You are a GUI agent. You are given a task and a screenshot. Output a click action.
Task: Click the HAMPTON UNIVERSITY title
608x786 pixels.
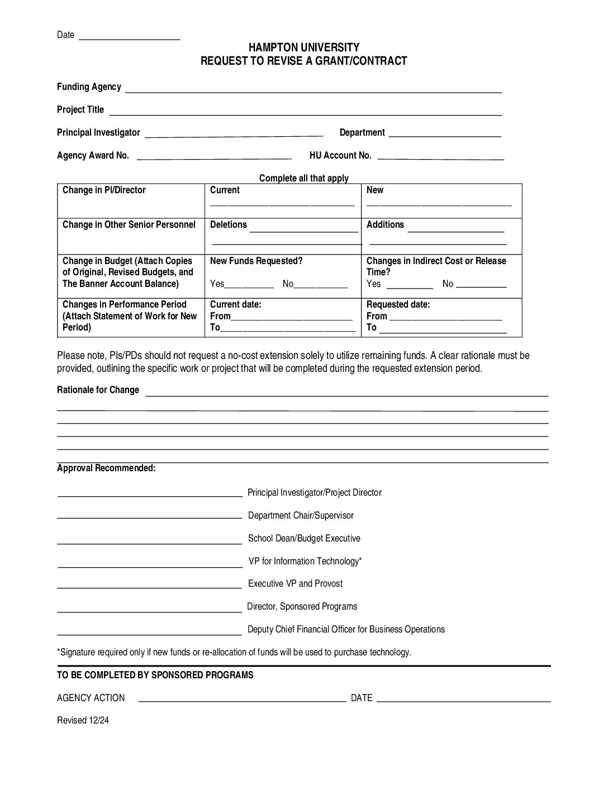(x=304, y=47)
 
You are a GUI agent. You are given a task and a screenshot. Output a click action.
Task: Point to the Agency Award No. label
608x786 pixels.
(x=93, y=156)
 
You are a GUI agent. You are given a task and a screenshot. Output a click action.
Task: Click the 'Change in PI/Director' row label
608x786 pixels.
(x=104, y=190)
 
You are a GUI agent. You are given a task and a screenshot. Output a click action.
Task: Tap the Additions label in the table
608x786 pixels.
(x=385, y=225)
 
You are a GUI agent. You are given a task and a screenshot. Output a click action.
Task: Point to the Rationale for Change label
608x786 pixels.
(x=98, y=390)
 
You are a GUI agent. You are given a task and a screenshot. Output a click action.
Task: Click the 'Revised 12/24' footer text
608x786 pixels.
(x=83, y=721)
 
